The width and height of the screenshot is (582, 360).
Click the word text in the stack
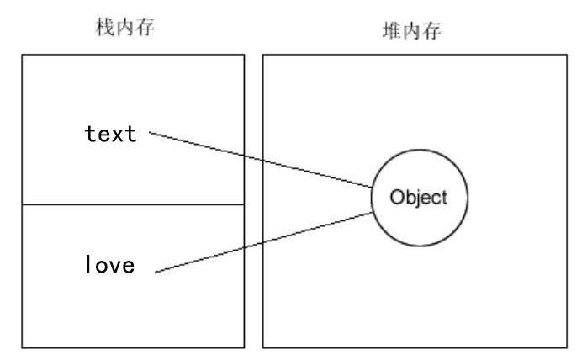tap(110, 134)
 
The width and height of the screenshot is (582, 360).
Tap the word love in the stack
tap(110, 267)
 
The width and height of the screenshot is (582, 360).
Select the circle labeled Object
tap(420, 199)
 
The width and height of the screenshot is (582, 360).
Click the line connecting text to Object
tap(261, 159)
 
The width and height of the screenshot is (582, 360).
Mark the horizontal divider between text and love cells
tap(132, 204)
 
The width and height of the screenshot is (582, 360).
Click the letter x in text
tap(116, 135)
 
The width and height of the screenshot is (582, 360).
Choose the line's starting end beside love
tap(156, 272)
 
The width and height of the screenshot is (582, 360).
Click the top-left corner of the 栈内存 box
tap(21, 55)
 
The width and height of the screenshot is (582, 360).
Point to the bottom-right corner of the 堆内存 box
tap(567, 347)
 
